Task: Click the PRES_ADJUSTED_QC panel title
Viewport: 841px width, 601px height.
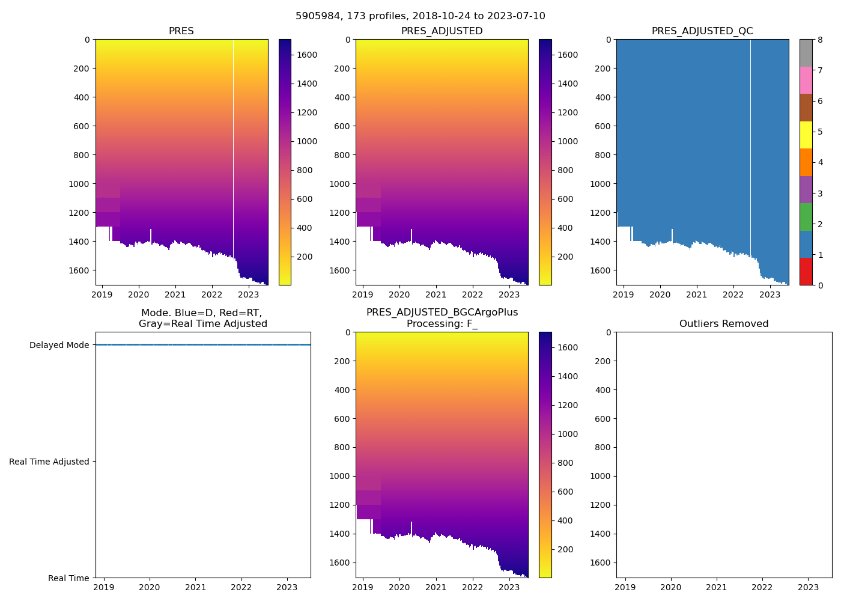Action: [702, 31]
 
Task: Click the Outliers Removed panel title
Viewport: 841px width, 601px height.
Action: [724, 324]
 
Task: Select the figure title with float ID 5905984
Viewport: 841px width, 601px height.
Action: [421, 16]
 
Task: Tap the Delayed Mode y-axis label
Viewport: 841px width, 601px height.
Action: [59, 345]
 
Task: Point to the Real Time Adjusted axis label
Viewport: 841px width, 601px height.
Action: [49, 462]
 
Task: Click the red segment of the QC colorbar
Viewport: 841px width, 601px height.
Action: [806, 272]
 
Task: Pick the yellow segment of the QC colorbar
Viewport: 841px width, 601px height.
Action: [806, 135]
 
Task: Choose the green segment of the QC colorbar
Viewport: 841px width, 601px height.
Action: [806, 217]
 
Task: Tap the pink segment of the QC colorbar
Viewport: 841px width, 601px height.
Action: [806, 80]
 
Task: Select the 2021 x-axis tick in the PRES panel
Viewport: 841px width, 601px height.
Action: [175, 295]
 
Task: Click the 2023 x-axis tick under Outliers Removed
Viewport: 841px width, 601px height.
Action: [808, 587]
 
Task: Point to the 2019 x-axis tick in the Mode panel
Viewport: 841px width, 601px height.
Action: [104, 587]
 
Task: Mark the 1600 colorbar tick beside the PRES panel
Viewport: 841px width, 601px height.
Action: [307, 55]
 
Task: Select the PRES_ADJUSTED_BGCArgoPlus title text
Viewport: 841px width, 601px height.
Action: [442, 313]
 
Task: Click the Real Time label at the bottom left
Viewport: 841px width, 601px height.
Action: [68, 578]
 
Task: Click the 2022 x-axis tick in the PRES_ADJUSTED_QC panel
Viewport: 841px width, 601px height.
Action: [733, 295]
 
